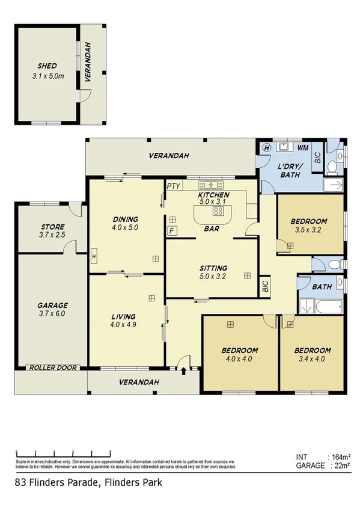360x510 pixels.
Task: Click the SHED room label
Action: pos(47,66)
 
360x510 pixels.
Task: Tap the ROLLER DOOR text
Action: pos(53,367)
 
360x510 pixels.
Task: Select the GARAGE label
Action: pos(53,305)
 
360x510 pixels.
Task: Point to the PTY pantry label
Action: pos(174,186)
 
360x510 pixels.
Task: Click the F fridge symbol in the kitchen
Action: pos(171,230)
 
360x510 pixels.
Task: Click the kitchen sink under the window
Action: pos(211,185)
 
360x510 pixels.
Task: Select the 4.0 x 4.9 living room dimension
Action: pos(123,325)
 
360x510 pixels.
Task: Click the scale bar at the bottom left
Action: pos(63,453)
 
